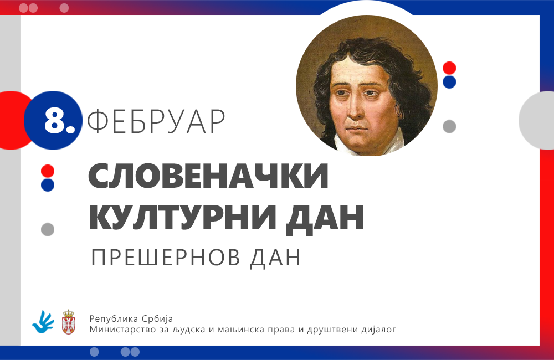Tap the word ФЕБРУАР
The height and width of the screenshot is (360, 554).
pos(156,121)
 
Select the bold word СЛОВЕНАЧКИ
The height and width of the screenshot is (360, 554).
pos(208,176)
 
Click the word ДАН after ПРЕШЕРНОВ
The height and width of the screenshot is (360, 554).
pos(275,258)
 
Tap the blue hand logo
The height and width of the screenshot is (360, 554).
pos(43,322)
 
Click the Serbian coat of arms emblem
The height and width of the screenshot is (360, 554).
pos(68,322)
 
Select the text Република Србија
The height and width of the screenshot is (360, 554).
pos(131,318)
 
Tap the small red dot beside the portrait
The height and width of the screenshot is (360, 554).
pos(449,68)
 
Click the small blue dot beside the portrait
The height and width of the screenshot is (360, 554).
pos(449,82)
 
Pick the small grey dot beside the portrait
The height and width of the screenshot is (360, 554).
pos(449,126)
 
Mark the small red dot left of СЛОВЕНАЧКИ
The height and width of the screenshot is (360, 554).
pos(48,171)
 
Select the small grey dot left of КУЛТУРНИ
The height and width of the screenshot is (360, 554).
pos(48,229)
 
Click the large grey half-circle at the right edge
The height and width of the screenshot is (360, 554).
pos(536,121)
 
